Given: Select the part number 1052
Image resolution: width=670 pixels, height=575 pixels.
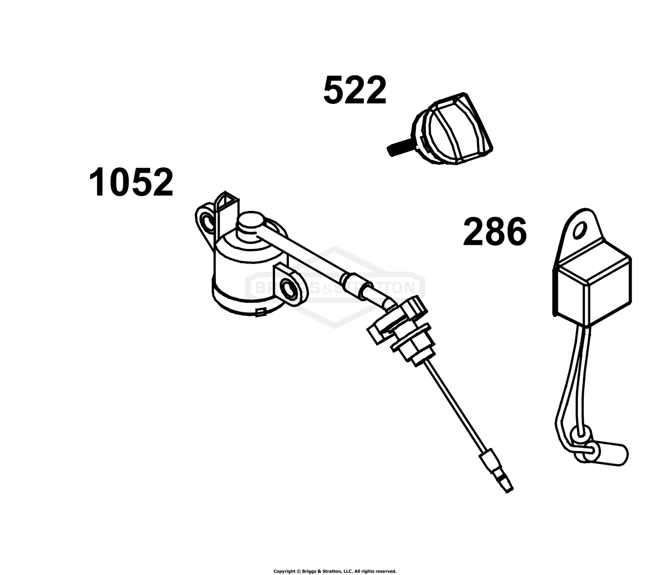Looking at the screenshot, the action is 131,182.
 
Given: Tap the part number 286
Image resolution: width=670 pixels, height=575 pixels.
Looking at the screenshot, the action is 494,232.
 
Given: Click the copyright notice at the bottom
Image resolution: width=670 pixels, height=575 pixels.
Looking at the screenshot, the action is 335,571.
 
